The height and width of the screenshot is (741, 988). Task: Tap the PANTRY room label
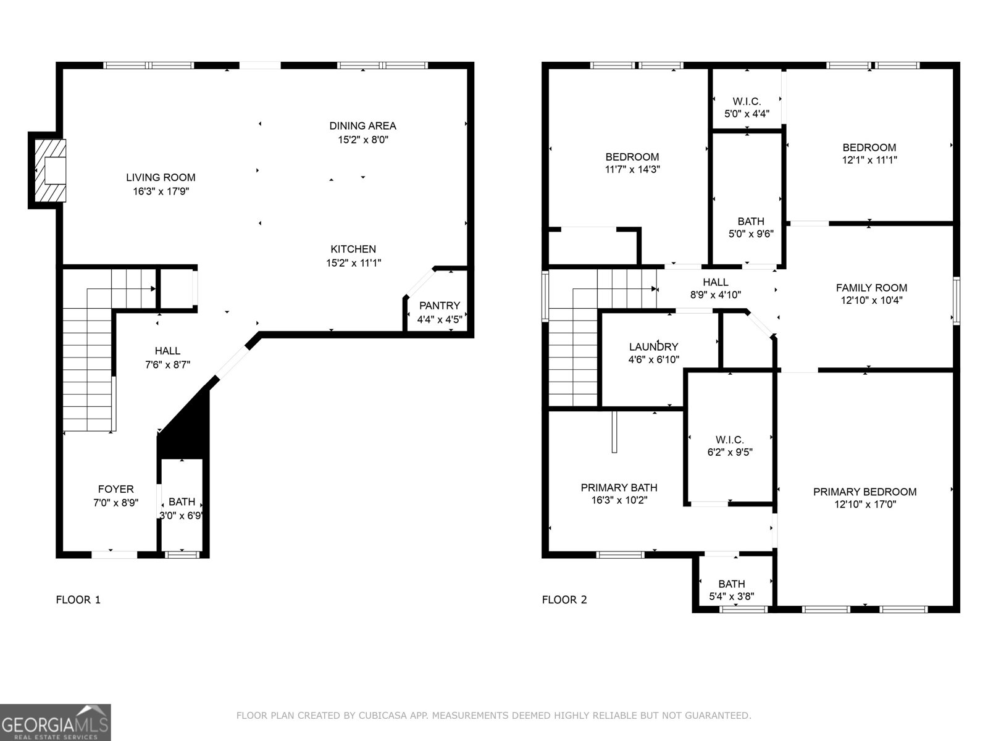click(439, 306)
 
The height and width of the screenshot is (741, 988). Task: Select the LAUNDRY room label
click(653, 347)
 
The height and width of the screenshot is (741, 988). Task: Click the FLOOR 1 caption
click(78, 600)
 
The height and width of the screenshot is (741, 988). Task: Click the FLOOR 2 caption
click(564, 600)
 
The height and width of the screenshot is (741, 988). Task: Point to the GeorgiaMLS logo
click(55, 722)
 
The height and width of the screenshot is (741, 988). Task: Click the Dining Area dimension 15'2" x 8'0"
click(362, 140)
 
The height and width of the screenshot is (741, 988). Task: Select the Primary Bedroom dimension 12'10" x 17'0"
click(865, 504)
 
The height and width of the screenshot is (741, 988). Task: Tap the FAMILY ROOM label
click(871, 288)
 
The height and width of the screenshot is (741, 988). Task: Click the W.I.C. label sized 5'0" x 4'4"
click(747, 114)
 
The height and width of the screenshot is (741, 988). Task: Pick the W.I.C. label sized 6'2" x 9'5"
click(729, 452)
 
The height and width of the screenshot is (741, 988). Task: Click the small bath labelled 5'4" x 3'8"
click(731, 590)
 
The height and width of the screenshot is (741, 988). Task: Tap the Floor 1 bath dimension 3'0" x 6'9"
click(182, 515)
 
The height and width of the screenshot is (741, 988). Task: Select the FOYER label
click(115, 489)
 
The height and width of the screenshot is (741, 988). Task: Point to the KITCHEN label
click(353, 249)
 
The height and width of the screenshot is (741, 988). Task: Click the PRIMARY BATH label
click(619, 488)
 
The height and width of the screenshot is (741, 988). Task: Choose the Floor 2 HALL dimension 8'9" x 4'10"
click(715, 295)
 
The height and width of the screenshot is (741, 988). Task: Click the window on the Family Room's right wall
click(956, 301)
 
